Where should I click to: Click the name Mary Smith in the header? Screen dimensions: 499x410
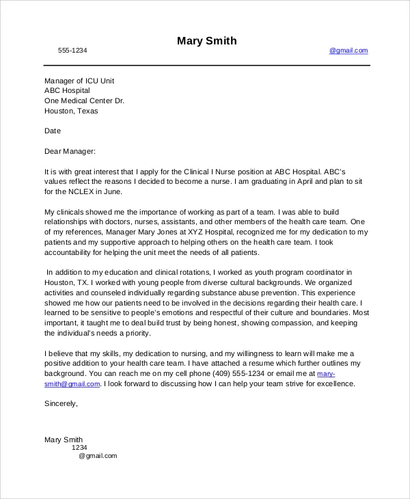click(x=206, y=41)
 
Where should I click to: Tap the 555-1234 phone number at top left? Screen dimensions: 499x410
click(x=72, y=51)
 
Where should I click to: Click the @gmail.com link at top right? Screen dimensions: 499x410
click(x=348, y=51)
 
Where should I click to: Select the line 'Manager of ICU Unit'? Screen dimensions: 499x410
click(x=79, y=81)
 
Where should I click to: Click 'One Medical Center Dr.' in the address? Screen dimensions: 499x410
click(x=84, y=100)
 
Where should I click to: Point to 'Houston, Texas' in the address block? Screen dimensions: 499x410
click(x=71, y=111)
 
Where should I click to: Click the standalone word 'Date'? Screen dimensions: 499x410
click(x=53, y=131)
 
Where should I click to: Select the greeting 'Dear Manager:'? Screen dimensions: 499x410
click(x=70, y=151)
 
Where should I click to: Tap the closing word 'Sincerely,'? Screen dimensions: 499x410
click(x=61, y=404)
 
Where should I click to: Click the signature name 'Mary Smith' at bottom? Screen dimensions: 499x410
click(x=64, y=440)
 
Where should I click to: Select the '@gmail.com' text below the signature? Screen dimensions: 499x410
click(x=98, y=456)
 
